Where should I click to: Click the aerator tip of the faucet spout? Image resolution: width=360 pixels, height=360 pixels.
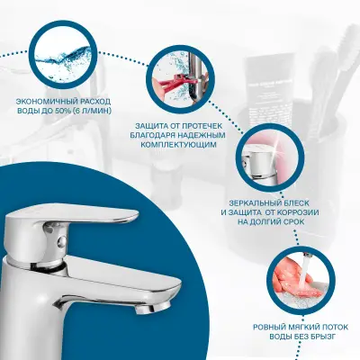pos(154,307)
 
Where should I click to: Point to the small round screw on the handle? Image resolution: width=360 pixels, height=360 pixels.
pos(63,240)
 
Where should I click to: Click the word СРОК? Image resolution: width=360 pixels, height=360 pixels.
pos(293,222)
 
